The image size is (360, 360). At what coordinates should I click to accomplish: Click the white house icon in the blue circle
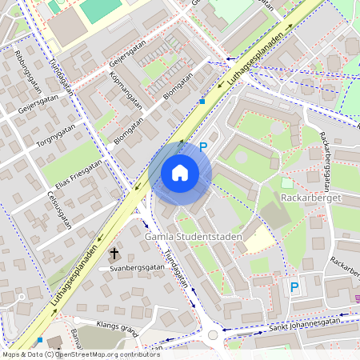(180, 173)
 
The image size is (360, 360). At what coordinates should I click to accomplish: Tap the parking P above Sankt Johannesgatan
(294, 286)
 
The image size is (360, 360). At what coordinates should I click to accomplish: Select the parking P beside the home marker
(203, 146)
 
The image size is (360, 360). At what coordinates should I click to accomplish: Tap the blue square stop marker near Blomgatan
(202, 102)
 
